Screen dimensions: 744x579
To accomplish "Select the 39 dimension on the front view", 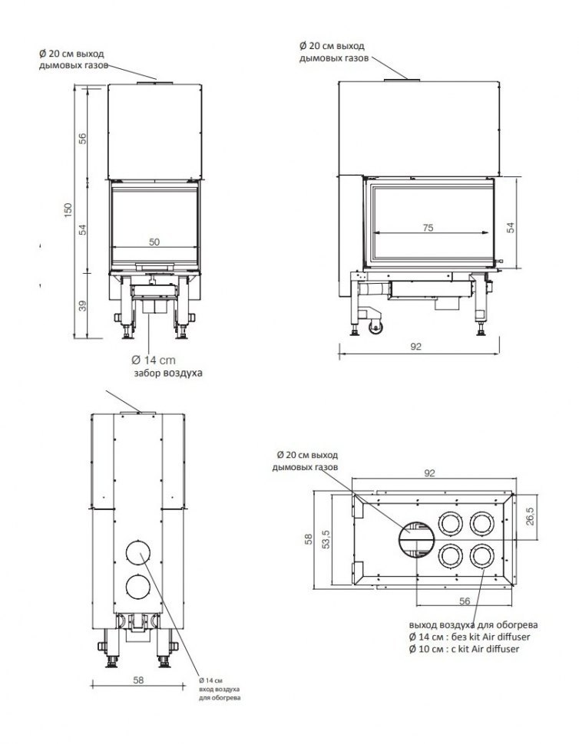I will tap(82, 305).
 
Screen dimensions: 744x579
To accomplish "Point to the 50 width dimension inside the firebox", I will tap(154, 242).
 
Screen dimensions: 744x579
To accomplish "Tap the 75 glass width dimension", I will tap(427, 227).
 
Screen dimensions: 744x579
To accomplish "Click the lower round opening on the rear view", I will tap(139, 588).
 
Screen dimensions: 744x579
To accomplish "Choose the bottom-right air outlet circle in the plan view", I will tap(481, 555).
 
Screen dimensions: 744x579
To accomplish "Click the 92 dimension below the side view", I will tap(415, 347).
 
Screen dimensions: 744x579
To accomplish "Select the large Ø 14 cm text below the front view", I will tap(154, 360).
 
